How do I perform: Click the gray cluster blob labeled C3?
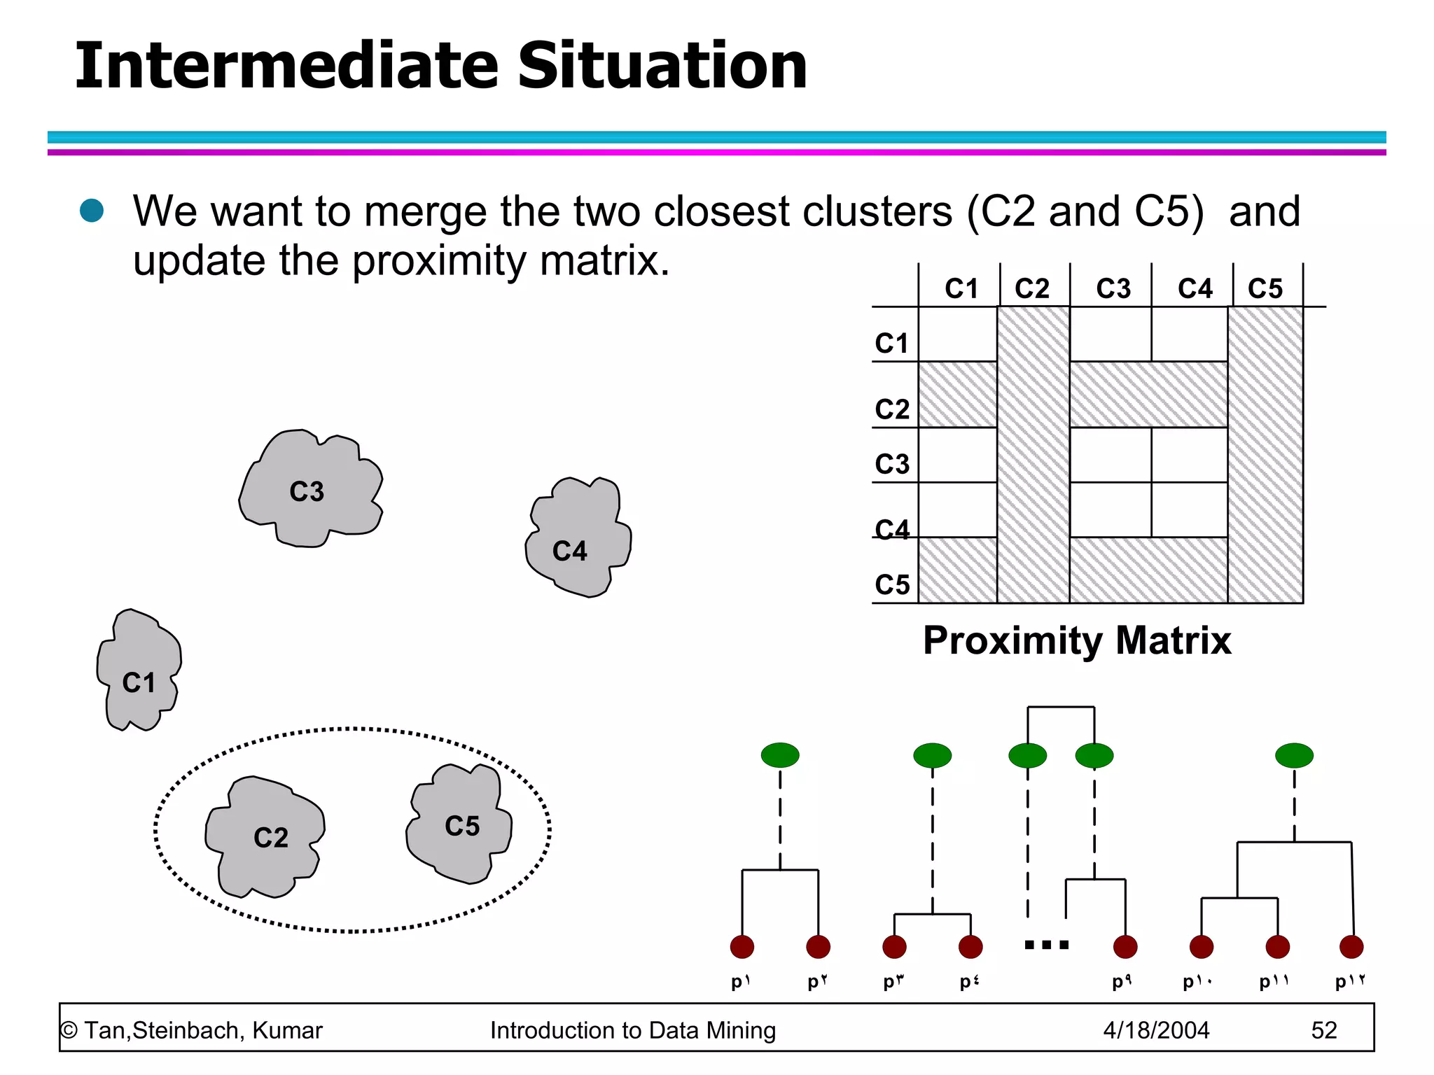click(x=308, y=490)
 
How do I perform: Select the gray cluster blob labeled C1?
click(x=139, y=672)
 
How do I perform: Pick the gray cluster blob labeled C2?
click(x=266, y=836)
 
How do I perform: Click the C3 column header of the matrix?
click(x=1113, y=288)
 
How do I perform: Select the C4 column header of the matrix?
click(x=1195, y=288)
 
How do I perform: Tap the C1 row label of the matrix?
click(x=891, y=343)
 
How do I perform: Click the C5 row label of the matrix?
click(x=891, y=584)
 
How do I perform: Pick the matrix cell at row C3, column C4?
click(x=1189, y=455)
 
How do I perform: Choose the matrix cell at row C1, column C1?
click(x=957, y=335)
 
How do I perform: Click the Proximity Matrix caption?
click(x=1076, y=640)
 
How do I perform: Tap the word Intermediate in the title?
click(x=287, y=66)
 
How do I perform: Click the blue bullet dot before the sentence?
click(x=92, y=210)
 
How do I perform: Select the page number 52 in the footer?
click(x=1323, y=1030)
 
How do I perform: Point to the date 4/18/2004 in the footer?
click(x=1156, y=1030)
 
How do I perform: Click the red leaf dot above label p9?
click(x=1125, y=947)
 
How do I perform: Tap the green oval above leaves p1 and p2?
click(x=780, y=755)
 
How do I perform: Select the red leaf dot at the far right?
click(x=1351, y=947)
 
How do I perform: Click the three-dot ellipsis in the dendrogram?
click(x=1046, y=945)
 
